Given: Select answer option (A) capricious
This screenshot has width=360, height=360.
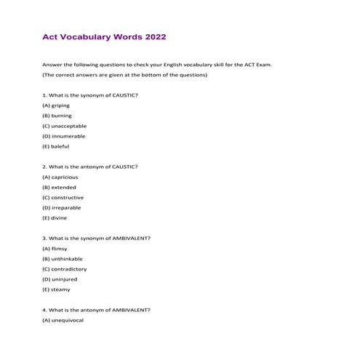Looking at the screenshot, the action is click(60, 177).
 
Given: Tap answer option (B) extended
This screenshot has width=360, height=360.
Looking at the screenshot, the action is click(59, 187).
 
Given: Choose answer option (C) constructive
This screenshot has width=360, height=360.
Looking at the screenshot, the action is click(63, 197).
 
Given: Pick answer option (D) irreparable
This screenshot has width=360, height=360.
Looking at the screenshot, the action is click(62, 207).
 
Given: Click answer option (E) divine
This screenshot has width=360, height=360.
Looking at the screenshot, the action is click(55, 217).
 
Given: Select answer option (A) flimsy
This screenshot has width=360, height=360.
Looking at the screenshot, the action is click(55, 249).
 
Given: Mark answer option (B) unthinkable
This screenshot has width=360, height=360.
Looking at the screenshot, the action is click(63, 259).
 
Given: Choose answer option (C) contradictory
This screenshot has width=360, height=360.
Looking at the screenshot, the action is click(65, 269).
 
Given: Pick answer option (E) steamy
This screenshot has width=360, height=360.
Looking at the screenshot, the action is click(56, 289).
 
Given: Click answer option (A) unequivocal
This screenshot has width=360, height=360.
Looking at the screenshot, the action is click(63, 320).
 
